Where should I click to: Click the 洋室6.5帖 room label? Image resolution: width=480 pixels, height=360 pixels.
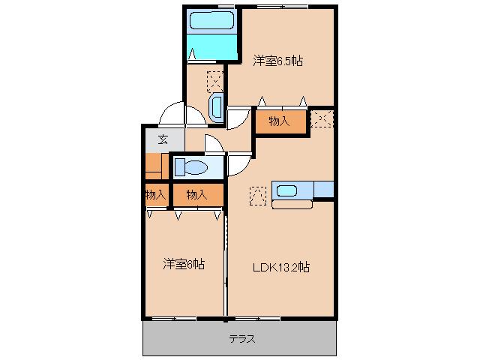pos(277,61)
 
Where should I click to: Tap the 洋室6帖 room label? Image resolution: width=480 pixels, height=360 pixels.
pos(184,264)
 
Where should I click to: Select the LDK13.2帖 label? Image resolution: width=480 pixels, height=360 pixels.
pos(280,267)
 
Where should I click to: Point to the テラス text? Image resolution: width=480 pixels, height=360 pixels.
pos(242,339)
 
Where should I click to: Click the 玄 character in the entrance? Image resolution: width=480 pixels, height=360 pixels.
pos(162,138)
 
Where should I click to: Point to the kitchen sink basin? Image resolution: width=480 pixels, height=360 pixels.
pos(286,189)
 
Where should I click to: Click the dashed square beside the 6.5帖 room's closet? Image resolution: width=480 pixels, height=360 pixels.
pos(322,118)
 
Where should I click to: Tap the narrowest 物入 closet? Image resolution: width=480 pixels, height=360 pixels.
pos(155,195)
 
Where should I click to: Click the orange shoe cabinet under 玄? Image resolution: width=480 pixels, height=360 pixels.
pos(156,166)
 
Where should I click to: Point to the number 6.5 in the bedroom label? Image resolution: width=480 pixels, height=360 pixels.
pos(286,61)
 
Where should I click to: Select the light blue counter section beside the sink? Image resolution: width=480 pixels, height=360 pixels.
pos(324,189)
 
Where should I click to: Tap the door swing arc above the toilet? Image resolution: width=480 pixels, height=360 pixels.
pos(205,145)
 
